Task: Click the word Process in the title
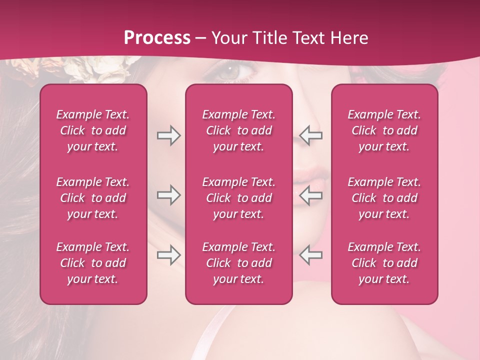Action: [x=157, y=38]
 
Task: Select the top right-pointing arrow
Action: [x=168, y=135]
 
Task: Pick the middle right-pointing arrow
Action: [x=168, y=195]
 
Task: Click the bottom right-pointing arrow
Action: [x=168, y=255]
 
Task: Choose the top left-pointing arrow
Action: [x=310, y=135]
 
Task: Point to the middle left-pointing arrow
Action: [x=310, y=195]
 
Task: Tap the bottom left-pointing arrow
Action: [x=310, y=255]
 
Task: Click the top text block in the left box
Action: [x=93, y=130]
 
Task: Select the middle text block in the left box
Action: [x=93, y=198]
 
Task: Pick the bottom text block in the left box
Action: [x=93, y=263]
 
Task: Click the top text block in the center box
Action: [x=239, y=130]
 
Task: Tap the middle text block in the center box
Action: [x=239, y=198]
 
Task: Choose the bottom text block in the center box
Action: [x=239, y=263]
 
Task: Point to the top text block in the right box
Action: [x=384, y=130]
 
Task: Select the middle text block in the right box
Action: [x=384, y=198]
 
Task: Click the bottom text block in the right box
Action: [x=384, y=263]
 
